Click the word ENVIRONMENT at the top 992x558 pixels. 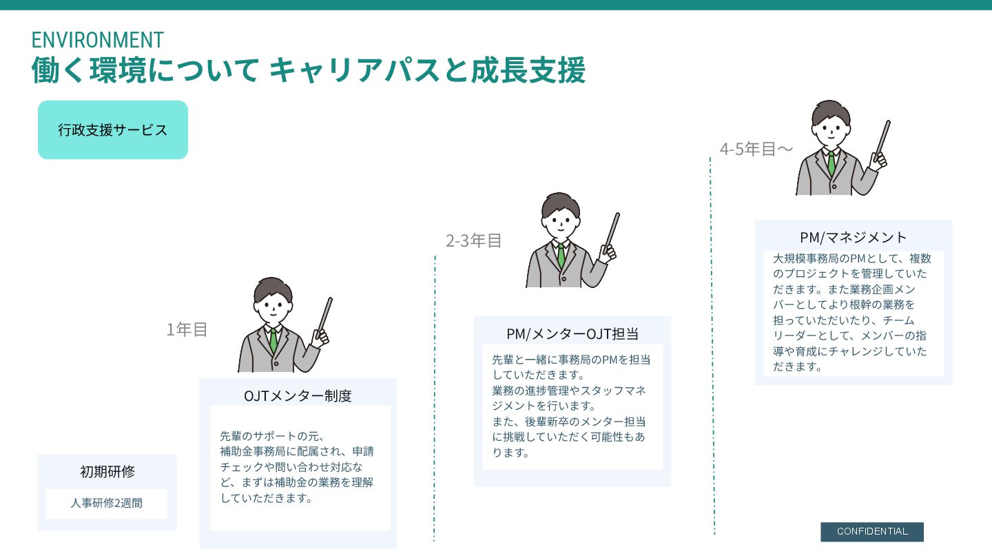(97, 39)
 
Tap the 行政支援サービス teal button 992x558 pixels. (113, 130)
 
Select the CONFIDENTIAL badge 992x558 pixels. (872, 532)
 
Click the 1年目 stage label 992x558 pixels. (187, 330)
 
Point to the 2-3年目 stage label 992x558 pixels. (474, 241)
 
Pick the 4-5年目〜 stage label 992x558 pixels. (756, 149)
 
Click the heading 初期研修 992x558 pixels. (107, 472)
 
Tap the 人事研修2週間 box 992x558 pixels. (106, 504)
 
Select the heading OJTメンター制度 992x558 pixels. (298, 396)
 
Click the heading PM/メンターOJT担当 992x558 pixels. (572, 334)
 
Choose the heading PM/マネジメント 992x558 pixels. (854, 238)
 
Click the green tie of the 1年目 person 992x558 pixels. (274, 340)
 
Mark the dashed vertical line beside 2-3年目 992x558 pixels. (435, 400)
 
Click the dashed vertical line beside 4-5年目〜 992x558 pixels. (712, 344)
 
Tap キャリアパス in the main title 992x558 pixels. (353, 70)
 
